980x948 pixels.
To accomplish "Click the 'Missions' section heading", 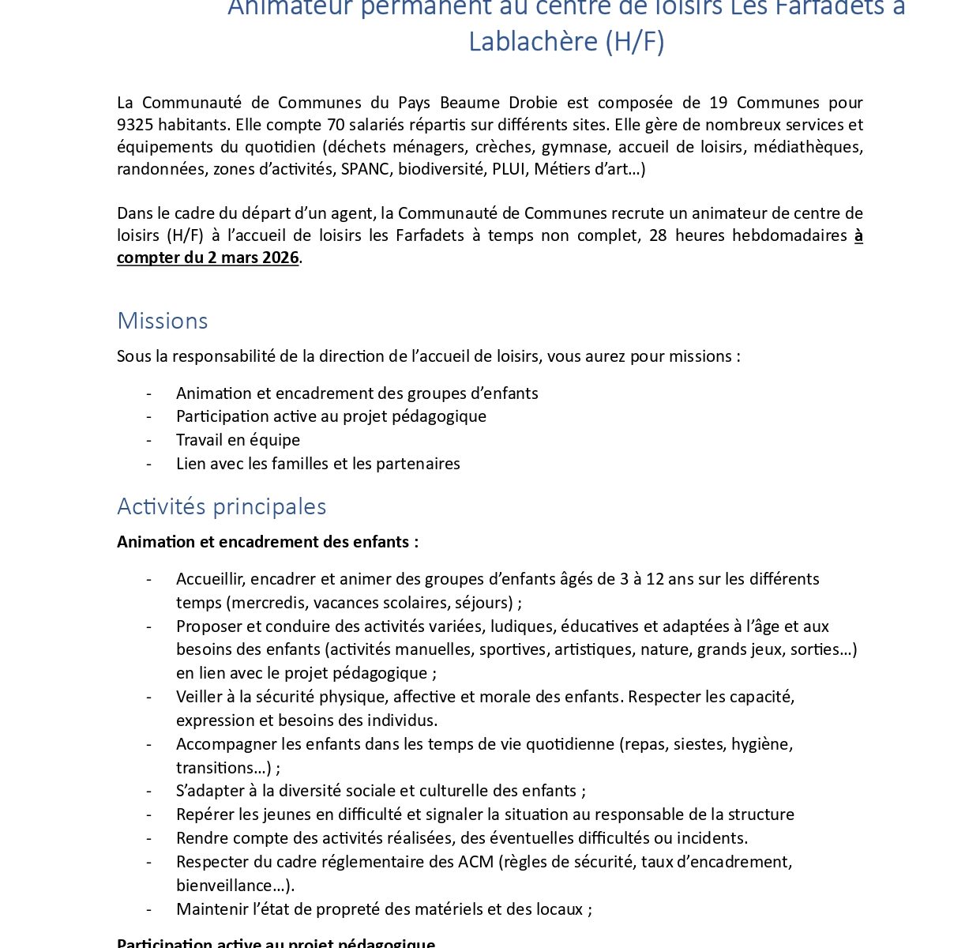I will click(x=162, y=321).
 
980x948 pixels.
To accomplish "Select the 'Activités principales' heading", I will click(x=221, y=506).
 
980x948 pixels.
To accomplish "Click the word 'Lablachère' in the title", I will click(x=533, y=41).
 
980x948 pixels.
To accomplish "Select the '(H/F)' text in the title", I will click(x=635, y=41).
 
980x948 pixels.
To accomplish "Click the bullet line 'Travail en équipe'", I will click(x=238, y=440).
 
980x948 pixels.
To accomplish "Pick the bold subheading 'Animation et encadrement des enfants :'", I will click(x=268, y=542).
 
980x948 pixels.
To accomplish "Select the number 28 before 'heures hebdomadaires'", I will click(x=658, y=235).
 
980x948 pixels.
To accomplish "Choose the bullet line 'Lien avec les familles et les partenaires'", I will click(x=317, y=464).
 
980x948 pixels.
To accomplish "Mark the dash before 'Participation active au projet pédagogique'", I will click(x=148, y=416).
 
